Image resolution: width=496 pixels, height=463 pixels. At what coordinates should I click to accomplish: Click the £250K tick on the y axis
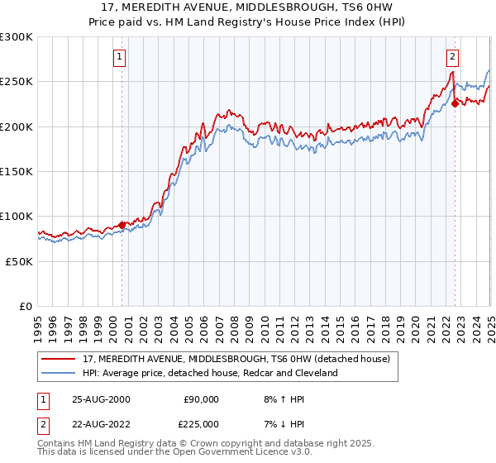tap(17, 82)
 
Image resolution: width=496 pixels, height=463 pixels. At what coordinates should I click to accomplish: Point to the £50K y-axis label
tap(19, 261)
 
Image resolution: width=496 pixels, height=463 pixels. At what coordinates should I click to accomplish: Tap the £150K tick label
tap(17, 172)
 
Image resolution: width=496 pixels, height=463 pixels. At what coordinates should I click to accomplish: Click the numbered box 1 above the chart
tap(120, 57)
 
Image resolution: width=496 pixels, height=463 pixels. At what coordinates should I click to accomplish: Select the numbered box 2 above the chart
tap(453, 57)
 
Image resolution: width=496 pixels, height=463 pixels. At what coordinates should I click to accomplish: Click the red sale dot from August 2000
tap(122, 224)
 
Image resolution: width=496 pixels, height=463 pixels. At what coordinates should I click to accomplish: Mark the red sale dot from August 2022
tap(455, 103)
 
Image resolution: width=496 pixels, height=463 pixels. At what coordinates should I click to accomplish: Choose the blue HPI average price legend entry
tap(210, 373)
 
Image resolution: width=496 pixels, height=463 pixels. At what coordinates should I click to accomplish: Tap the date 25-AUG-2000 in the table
tap(101, 399)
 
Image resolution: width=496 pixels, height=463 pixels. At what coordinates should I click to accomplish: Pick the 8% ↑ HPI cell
tap(282, 399)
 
